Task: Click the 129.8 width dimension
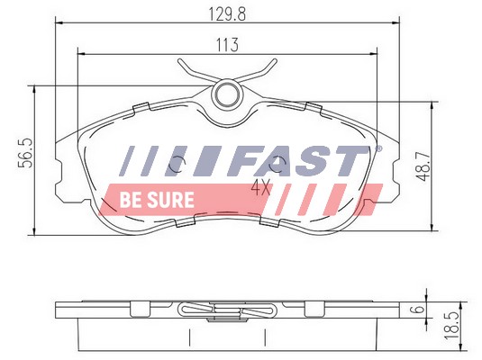pyautogui.click(x=227, y=14)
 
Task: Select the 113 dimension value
pyautogui.click(x=227, y=45)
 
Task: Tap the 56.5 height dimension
pyautogui.click(x=25, y=153)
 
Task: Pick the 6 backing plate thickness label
pyautogui.click(x=418, y=309)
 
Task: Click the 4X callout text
pyautogui.click(x=261, y=187)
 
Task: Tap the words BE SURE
pyautogui.click(x=157, y=200)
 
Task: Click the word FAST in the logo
pyautogui.click(x=297, y=160)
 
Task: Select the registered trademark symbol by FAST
pyautogui.click(x=379, y=149)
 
